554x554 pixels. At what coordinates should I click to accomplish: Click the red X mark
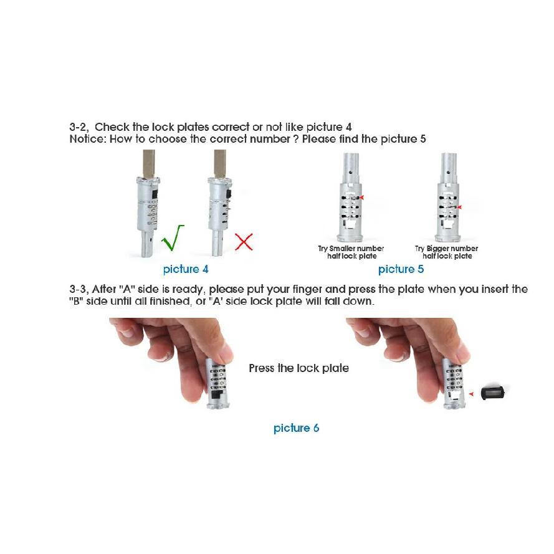[x=244, y=242]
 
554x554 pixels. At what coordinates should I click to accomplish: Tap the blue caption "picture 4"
[x=186, y=269]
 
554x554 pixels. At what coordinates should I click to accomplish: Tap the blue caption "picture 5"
[x=401, y=269]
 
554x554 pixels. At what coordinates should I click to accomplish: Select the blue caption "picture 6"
[x=296, y=428]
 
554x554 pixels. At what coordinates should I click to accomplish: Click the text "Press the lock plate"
[x=298, y=368]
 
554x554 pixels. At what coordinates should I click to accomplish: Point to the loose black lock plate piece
[x=493, y=393]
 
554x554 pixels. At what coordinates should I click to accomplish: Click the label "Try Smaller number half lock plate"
[x=351, y=252]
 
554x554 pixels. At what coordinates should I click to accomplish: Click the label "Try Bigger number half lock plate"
[x=447, y=252]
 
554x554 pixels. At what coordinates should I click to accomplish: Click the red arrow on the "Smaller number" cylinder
[x=361, y=197]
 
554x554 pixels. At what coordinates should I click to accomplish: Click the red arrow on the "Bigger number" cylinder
[x=459, y=208]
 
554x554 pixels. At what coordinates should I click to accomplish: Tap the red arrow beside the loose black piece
[x=471, y=394]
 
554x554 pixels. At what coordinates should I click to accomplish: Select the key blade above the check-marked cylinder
[x=148, y=164]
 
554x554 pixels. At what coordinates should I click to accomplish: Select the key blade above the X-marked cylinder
[x=219, y=164]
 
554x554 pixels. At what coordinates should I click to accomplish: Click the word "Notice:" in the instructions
[x=88, y=139]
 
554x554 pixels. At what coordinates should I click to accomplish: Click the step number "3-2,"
[x=79, y=127]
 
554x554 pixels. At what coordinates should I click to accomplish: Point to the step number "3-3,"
[x=79, y=289]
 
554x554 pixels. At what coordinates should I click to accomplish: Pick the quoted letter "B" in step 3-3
[x=76, y=301]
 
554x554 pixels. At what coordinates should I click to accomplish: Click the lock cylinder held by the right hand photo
[x=454, y=383]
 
